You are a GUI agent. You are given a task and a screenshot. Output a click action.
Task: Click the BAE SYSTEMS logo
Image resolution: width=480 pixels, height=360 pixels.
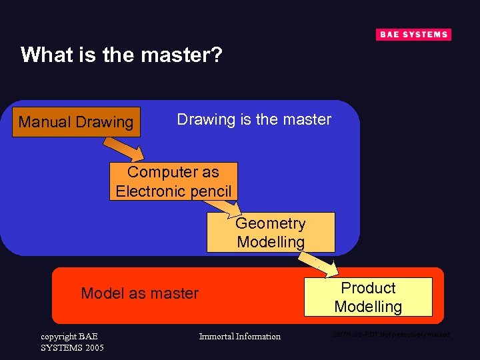point(413,35)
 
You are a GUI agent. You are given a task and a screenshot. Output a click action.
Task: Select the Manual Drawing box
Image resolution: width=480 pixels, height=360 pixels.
point(77,122)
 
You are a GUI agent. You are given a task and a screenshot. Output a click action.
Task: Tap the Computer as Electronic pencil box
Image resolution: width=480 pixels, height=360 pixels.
point(173,181)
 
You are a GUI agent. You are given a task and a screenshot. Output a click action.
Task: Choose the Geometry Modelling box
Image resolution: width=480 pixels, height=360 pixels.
point(271,233)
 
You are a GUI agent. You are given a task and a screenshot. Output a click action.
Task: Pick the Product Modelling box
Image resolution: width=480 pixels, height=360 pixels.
point(368,297)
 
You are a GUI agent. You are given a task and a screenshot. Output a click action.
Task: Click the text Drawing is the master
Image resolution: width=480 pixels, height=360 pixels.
point(254,119)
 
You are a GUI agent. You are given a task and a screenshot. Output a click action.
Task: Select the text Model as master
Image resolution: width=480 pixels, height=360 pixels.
point(139,293)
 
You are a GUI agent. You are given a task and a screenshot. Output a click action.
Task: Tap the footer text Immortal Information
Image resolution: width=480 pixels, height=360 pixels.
point(240,337)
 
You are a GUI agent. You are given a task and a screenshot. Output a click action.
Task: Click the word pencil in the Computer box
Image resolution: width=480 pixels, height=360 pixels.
point(210,191)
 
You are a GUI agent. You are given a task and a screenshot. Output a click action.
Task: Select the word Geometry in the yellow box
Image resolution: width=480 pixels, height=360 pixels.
point(271,223)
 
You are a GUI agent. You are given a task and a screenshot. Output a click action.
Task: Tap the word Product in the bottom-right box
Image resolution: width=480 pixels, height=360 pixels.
point(368,288)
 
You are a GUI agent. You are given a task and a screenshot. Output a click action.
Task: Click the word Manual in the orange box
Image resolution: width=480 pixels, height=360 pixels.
point(45,122)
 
